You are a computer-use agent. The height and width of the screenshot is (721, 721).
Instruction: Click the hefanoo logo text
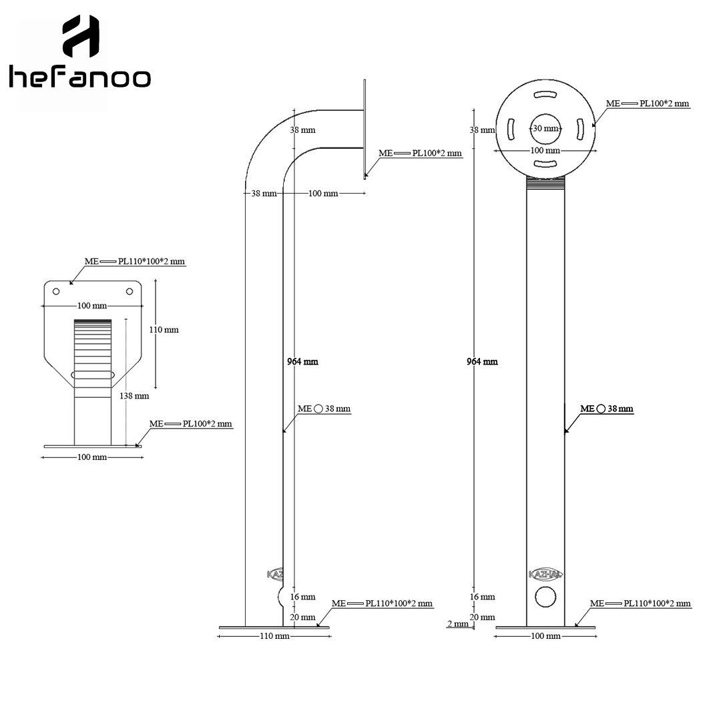(x=80, y=77)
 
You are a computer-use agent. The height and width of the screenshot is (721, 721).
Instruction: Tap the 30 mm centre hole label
(x=546, y=129)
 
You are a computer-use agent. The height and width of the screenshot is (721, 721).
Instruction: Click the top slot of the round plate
(x=545, y=95)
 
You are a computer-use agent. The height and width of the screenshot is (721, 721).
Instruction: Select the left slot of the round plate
(x=511, y=129)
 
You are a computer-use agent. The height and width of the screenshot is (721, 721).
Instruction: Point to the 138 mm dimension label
(x=134, y=395)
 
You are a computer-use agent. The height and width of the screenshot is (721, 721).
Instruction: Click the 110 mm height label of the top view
(x=164, y=330)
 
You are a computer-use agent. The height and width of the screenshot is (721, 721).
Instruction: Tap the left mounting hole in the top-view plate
(x=56, y=292)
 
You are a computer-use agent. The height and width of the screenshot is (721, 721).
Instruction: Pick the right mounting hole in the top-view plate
(x=130, y=292)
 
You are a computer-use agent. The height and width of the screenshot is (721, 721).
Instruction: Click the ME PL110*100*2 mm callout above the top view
(x=135, y=261)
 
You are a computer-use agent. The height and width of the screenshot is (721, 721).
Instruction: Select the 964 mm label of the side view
(x=302, y=362)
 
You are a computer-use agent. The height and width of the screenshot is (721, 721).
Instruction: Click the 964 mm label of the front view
(x=483, y=362)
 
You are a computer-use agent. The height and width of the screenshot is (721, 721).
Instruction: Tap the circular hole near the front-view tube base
(x=545, y=597)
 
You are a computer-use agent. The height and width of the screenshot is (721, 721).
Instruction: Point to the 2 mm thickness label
(x=458, y=624)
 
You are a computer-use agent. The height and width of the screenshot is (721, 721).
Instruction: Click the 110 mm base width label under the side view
(x=274, y=636)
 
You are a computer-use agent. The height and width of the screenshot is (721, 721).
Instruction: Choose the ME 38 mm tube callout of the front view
(x=607, y=409)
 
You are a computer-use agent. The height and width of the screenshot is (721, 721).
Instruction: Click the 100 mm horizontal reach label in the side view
(x=323, y=194)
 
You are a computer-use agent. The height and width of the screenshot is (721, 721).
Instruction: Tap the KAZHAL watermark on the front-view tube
(x=545, y=574)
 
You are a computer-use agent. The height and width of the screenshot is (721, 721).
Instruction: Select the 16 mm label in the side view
(x=302, y=597)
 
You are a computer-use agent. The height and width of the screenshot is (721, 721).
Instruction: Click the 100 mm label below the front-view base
(x=546, y=636)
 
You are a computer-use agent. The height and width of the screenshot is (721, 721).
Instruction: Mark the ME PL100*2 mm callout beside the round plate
(x=648, y=103)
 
